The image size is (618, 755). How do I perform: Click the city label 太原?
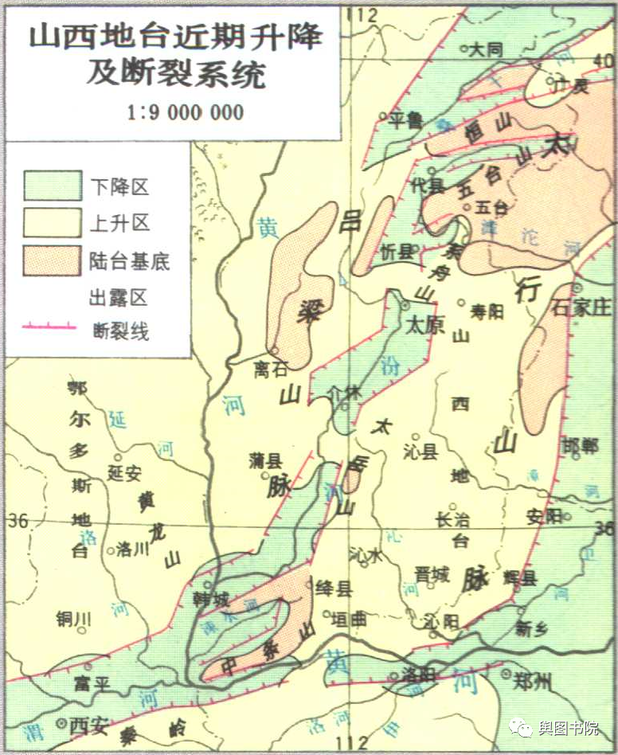(424, 325)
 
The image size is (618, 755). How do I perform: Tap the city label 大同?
(488, 49)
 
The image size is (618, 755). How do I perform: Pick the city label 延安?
(124, 474)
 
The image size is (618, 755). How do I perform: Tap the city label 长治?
(453, 519)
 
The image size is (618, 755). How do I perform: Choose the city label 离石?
(272, 368)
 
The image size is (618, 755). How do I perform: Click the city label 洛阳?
(417, 675)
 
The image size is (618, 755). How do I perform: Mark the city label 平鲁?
(405, 120)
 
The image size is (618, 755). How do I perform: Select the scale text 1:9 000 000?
(184, 112)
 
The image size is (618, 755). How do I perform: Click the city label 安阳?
(545, 517)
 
